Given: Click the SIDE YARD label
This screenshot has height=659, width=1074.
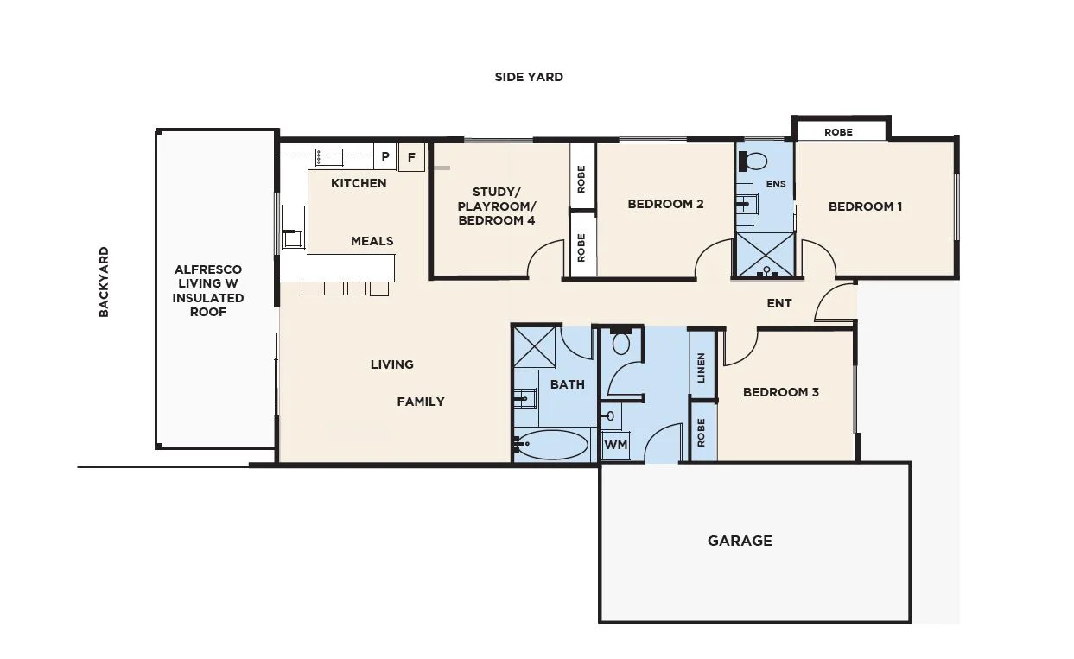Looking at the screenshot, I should [529, 77].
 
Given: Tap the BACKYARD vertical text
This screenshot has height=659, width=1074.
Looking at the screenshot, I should [104, 282].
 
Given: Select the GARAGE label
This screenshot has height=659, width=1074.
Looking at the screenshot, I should [740, 541].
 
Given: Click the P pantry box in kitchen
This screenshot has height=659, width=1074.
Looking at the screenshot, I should [385, 157].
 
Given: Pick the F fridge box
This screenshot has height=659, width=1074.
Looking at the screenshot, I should [411, 157].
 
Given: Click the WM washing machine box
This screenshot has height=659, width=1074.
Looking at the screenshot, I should [615, 445].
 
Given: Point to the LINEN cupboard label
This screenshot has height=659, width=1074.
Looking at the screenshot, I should [702, 368].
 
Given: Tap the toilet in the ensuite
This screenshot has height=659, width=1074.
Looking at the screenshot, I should [755, 161].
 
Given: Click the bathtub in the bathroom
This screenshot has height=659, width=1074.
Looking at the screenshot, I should [551, 445].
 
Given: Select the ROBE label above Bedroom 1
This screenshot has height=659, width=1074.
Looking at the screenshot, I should [838, 132].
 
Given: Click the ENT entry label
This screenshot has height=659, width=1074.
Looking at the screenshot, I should [779, 303].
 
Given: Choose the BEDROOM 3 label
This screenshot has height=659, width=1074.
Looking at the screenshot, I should [781, 392].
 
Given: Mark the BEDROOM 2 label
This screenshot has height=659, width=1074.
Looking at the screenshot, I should [665, 204].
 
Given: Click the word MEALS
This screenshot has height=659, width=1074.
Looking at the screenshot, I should [372, 241].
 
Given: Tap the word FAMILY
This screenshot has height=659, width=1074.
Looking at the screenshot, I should [421, 402].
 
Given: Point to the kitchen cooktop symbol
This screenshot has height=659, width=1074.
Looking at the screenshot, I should [329, 156].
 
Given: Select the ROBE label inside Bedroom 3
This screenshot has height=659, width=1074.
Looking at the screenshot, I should [702, 431].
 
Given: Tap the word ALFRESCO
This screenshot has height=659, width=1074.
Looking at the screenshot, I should [208, 270].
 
